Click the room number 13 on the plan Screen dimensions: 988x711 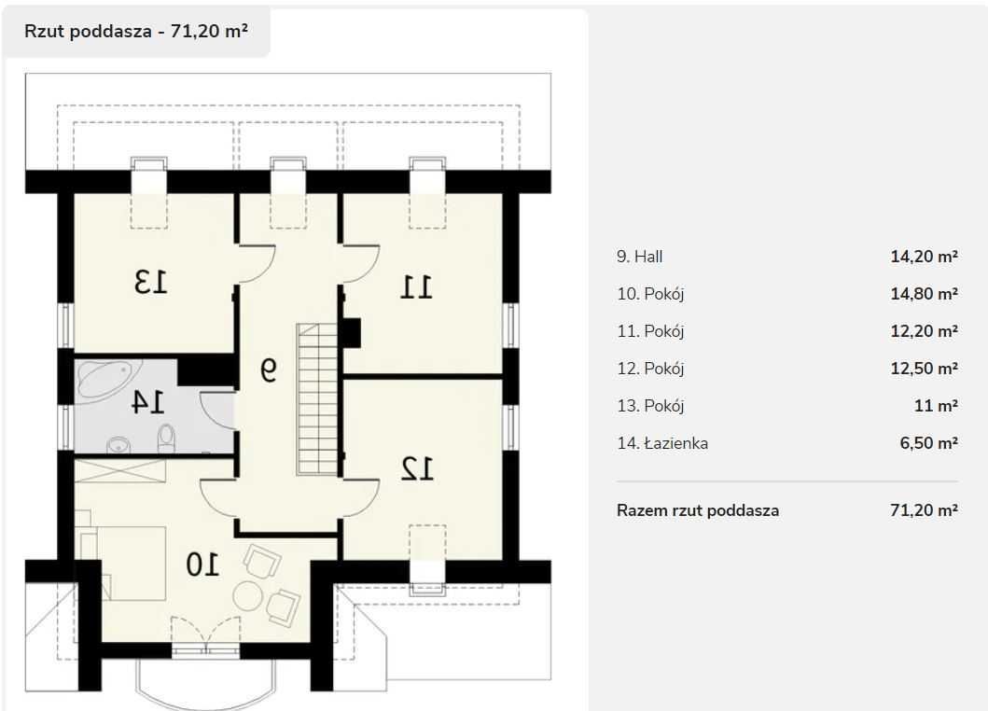pyautogui.click(x=151, y=282)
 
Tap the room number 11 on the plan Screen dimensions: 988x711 pyautogui.click(x=416, y=287)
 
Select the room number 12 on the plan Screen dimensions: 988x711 pyautogui.click(x=417, y=468)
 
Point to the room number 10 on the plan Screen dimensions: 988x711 pyautogui.click(x=202, y=565)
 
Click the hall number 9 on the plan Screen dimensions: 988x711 pyautogui.click(x=269, y=369)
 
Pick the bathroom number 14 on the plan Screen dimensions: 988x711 pyautogui.click(x=147, y=401)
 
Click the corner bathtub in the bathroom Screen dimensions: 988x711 pyautogui.click(x=104, y=380)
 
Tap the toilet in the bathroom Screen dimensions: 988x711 pyautogui.click(x=166, y=438)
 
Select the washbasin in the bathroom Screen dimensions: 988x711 pyautogui.click(x=118, y=445)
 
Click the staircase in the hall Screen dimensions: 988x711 pyautogui.click(x=317, y=399)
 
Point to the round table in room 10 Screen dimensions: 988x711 pyautogui.click(x=247, y=595)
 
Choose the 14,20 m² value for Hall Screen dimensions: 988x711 pyautogui.click(x=924, y=257)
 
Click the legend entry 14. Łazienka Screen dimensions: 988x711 pyautogui.click(x=662, y=443)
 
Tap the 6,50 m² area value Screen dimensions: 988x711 pyautogui.click(x=929, y=442)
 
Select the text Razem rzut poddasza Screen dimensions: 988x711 pyautogui.click(x=698, y=510)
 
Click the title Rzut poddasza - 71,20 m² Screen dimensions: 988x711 pyautogui.click(x=136, y=31)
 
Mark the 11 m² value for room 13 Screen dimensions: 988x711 pyautogui.click(x=936, y=405)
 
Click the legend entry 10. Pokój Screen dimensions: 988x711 pyautogui.click(x=650, y=294)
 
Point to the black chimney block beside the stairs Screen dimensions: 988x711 pyautogui.click(x=352, y=332)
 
